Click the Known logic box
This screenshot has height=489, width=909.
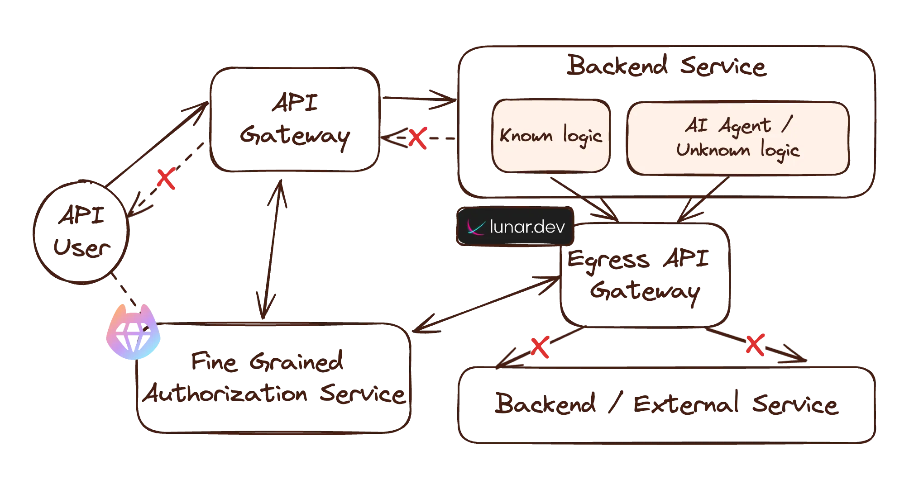click(551, 136)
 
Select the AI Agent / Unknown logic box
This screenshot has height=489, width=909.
click(737, 138)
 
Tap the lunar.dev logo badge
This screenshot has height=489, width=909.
click(516, 227)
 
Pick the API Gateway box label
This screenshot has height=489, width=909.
click(295, 120)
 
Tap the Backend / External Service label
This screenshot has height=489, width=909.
click(665, 404)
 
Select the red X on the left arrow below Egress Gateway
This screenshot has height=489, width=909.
click(540, 348)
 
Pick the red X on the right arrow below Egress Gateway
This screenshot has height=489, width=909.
click(755, 345)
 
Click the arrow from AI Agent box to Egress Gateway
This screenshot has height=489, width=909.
click(704, 199)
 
